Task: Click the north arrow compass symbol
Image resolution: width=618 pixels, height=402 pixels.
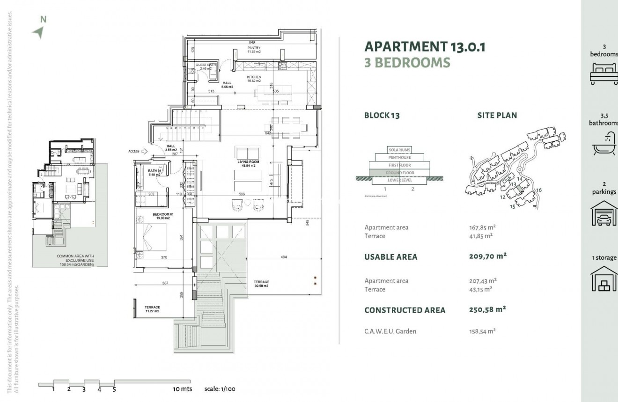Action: [x=38, y=32]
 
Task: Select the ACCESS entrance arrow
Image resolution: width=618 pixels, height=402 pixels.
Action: [x=145, y=151]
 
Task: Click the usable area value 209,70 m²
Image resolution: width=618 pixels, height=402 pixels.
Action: [x=487, y=256]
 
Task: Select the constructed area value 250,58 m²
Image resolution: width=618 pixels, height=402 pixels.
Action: [x=487, y=310]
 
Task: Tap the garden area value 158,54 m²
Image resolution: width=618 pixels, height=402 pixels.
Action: [x=482, y=331]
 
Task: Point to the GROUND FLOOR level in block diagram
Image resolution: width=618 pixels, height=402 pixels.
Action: [x=399, y=173]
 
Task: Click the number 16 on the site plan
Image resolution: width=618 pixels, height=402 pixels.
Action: [x=538, y=190]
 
